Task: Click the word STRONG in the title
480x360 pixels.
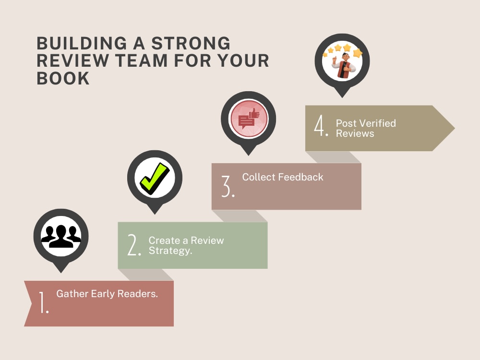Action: (x=191, y=43)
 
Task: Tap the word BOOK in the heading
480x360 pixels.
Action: (x=63, y=78)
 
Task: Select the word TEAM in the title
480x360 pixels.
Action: (x=142, y=60)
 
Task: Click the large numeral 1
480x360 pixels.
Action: (x=44, y=302)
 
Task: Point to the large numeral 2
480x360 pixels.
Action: (x=134, y=245)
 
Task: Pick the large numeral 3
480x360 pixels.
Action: (x=228, y=186)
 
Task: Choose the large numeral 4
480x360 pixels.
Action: (x=321, y=125)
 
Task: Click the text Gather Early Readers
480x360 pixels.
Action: (x=107, y=294)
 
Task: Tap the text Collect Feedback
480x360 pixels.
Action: (x=283, y=177)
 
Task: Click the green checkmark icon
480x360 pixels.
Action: (x=155, y=179)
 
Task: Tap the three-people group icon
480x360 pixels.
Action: (x=61, y=236)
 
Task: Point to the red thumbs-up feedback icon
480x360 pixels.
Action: (x=249, y=119)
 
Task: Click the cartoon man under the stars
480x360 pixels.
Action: (x=344, y=65)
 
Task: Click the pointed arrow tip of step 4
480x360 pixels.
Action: (x=454, y=128)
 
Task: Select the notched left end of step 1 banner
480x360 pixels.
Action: (x=32, y=303)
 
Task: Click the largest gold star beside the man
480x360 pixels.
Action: (x=358, y=53)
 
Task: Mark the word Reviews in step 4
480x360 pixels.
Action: (x=355, y=133)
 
